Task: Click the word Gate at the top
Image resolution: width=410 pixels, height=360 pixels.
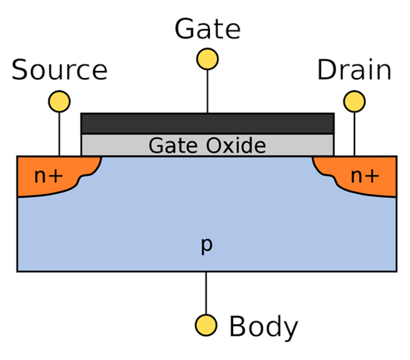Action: [x=207, y=29]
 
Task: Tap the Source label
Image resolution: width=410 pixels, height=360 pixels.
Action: [x=59, y=70]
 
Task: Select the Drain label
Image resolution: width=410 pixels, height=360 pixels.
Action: [x=354, y=70]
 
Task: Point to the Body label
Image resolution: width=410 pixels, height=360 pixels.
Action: [x=263, y=327]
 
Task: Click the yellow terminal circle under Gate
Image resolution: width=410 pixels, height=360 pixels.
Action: [x=207, y=59]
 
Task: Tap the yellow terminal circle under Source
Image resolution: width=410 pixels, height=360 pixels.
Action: [x=59, y=101]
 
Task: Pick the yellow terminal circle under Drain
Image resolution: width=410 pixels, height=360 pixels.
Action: [x=354, y=101]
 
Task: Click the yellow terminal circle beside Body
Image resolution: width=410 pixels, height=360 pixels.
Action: [x=207, y=324]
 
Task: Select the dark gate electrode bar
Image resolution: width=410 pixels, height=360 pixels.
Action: [x=207, y=123]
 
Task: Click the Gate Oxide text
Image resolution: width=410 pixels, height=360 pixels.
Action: [x=207, y=145]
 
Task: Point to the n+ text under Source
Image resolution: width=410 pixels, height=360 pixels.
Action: [x=48, y=175]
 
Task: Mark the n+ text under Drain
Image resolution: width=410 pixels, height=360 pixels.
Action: [x=365, y=175]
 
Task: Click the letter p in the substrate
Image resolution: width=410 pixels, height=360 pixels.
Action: [x=207, y=246]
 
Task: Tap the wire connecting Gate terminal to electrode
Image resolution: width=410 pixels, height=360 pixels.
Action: [x=207, y=90]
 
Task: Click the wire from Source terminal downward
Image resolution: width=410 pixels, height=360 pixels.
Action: [x=59, y=132]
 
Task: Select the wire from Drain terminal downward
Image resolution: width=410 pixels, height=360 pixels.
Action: [x=354, y=132]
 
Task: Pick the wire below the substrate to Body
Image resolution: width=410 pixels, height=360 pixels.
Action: [x=207, y=293]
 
